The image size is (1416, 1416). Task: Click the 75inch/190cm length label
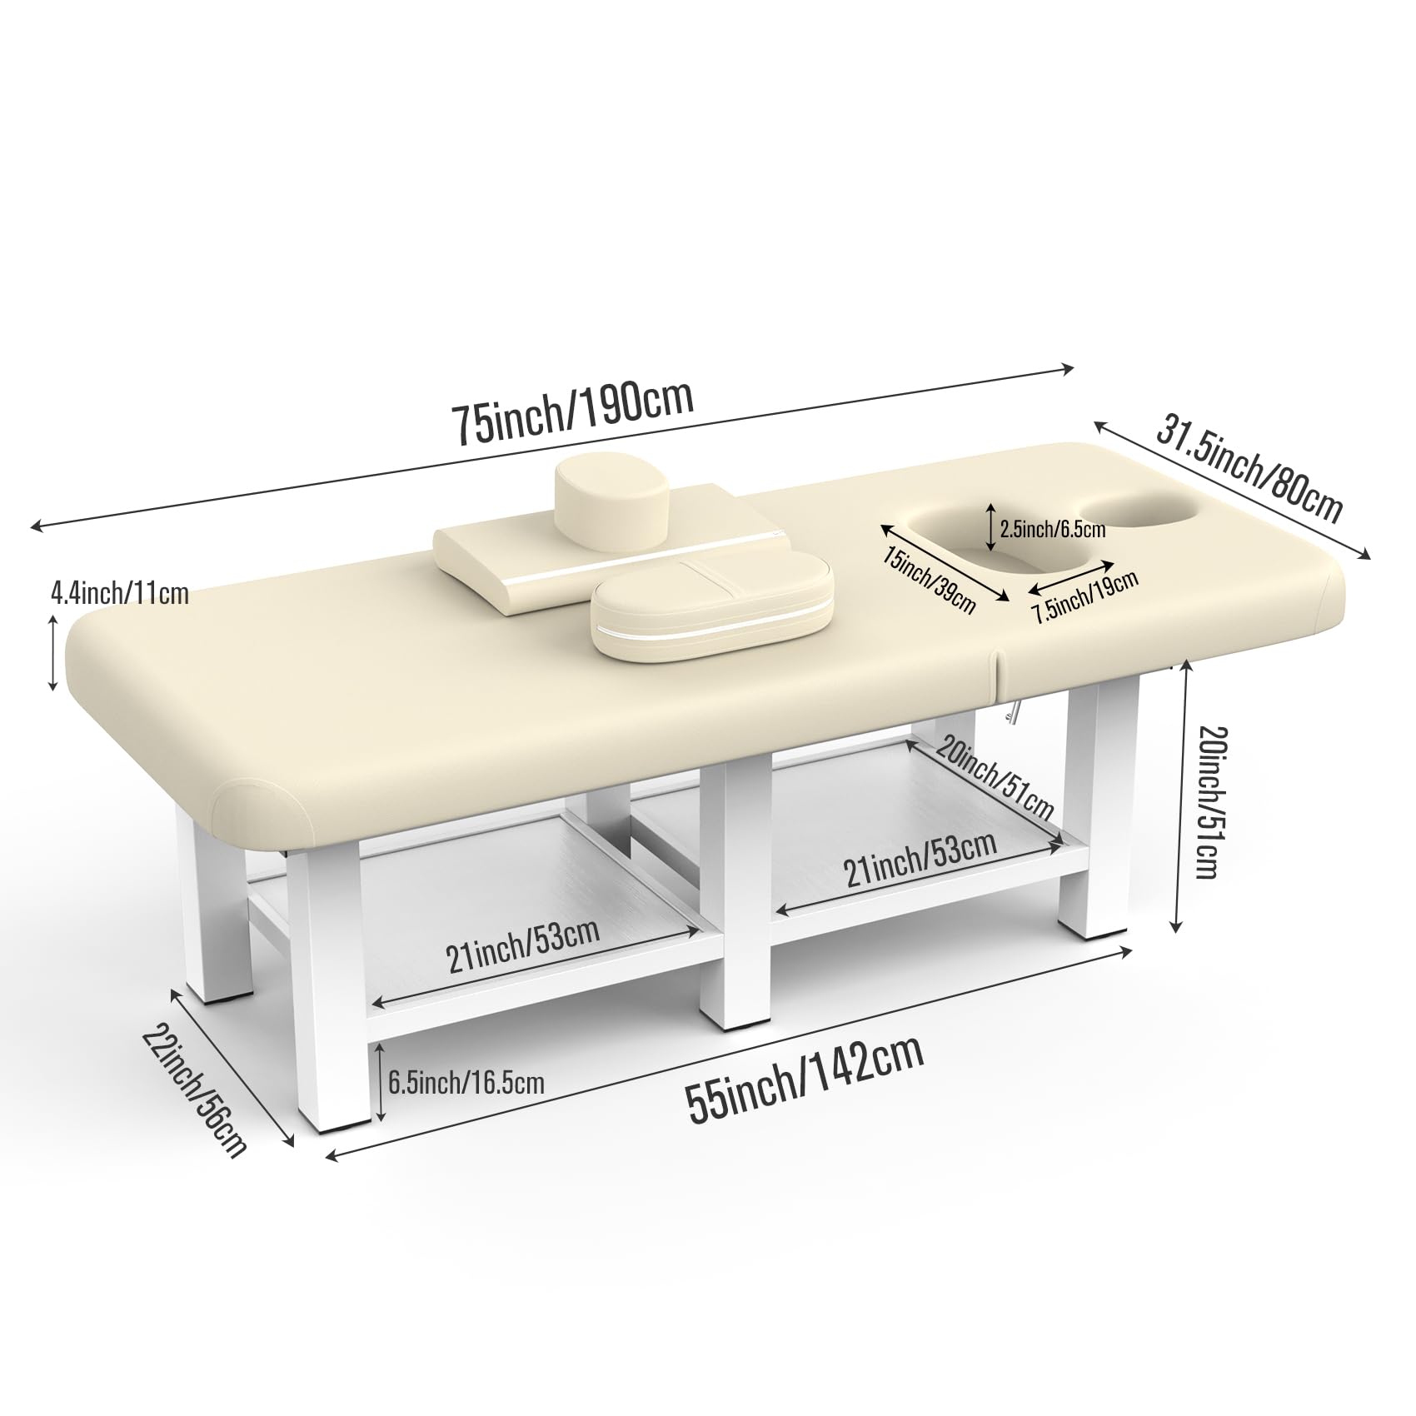coord(571,411)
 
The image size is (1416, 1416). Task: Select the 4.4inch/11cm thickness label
coord(120,593)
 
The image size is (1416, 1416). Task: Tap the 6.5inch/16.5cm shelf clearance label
coord(466,1083)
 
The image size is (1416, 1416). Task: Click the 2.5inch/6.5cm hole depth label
coord(1053,529)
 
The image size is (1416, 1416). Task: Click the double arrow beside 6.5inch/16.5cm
coord(379,1082)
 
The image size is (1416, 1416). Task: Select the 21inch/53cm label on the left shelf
coord(523,945)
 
